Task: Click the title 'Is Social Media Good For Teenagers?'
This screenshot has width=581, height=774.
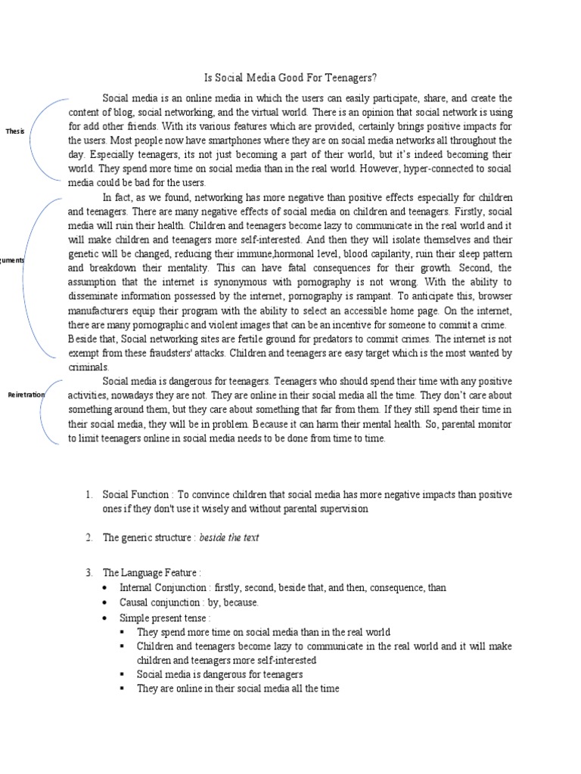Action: pyautogui.click(x=291, y=77)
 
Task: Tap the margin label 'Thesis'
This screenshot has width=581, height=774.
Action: pyautogui.click(x=14, y=131)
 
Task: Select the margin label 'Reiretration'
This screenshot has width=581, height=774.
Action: pyautogui.click(x=26, y=395)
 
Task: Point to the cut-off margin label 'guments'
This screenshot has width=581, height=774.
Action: pyautogui.click(x=12, y=260)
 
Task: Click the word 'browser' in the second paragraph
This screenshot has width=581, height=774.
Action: pyautogui.click(x=493, y=296)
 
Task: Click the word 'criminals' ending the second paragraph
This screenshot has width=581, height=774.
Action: pyautogui.click(x=88, y=367)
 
